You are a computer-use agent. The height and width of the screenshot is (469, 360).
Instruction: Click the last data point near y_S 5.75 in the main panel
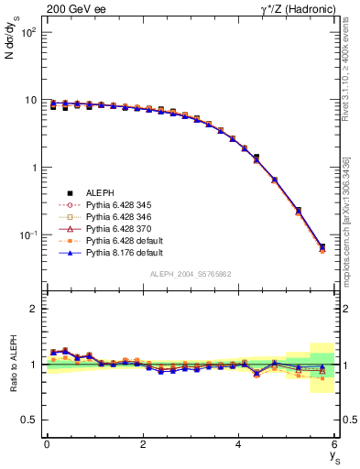322,247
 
